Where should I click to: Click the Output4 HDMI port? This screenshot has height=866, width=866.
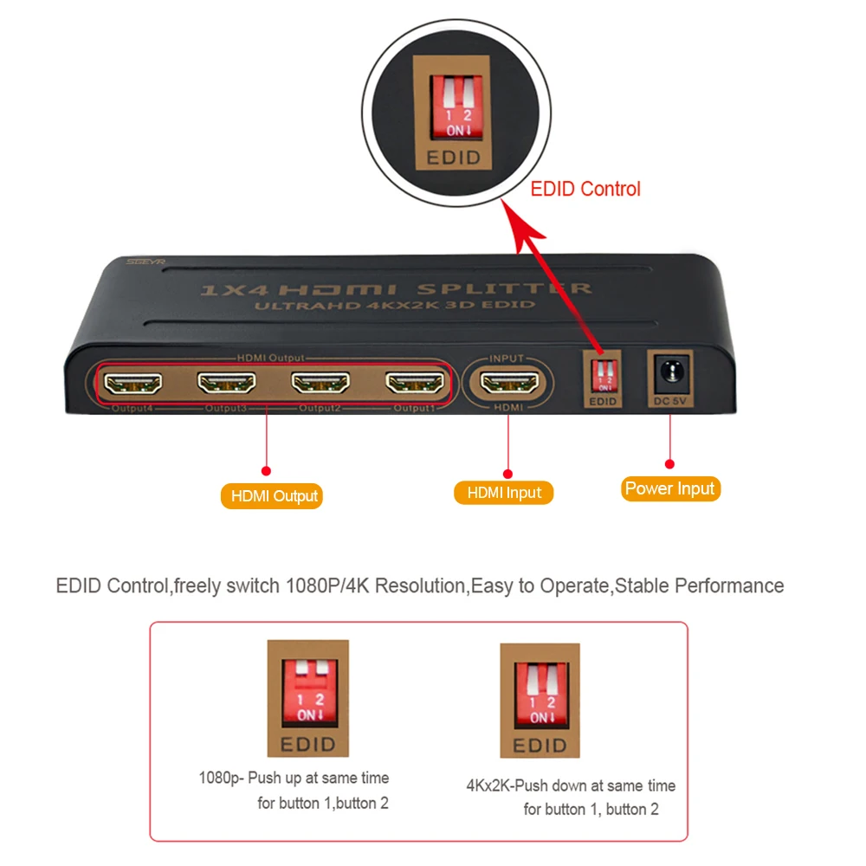point(133,381)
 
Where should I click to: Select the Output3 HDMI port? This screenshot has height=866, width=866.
point(227,381)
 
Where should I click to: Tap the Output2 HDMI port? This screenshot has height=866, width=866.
point(321,381)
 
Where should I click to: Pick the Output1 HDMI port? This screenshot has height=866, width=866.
point(416,381)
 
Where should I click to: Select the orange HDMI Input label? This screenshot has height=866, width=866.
point(504,493)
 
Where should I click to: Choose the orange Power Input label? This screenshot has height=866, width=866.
point(671,488)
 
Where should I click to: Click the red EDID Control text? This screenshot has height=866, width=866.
point(585,189)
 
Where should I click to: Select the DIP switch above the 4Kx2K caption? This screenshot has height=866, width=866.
point(540,691)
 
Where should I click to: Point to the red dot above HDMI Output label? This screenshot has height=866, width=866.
point(266,470)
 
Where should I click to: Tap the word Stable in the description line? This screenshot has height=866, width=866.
point(643,585)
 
